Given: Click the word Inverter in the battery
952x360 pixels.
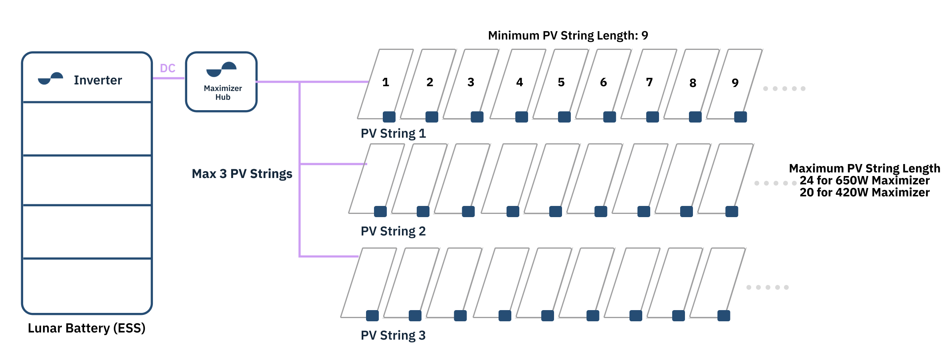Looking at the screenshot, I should pos(98,80).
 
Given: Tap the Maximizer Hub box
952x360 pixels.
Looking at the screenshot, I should pos(222,82).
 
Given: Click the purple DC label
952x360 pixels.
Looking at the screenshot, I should pos(168,68).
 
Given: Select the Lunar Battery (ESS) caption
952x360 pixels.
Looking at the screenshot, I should pos(87,328).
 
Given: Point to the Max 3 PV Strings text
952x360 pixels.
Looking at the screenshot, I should pos(242,174).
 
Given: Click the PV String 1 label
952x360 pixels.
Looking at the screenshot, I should pos(393,133).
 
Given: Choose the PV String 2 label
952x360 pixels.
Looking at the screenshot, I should pos(393,231).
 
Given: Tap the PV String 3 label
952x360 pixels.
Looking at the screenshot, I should pos(393,335).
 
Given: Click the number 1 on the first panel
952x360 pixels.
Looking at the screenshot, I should pos(386,82).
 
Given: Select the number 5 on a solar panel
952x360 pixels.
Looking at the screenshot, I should pos(561,82).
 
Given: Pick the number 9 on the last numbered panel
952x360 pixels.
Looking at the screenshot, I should pos(735,83).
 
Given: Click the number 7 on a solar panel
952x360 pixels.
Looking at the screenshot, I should pos(649,82).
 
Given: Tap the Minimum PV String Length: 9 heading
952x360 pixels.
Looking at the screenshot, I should pos(568,36).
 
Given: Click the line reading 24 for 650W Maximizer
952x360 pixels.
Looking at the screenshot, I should pos(865,180).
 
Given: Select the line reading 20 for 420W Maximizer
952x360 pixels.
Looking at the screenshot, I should pos(865,192).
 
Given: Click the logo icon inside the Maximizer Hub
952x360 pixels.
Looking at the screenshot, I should pos(222,69).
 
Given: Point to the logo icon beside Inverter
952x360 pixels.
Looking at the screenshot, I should pos(51,78).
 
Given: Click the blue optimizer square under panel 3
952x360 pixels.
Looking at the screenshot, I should pos(477,117).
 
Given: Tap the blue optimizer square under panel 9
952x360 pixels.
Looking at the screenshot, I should pos(740,117).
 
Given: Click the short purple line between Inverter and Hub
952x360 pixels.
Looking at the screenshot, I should pos(168,78).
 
